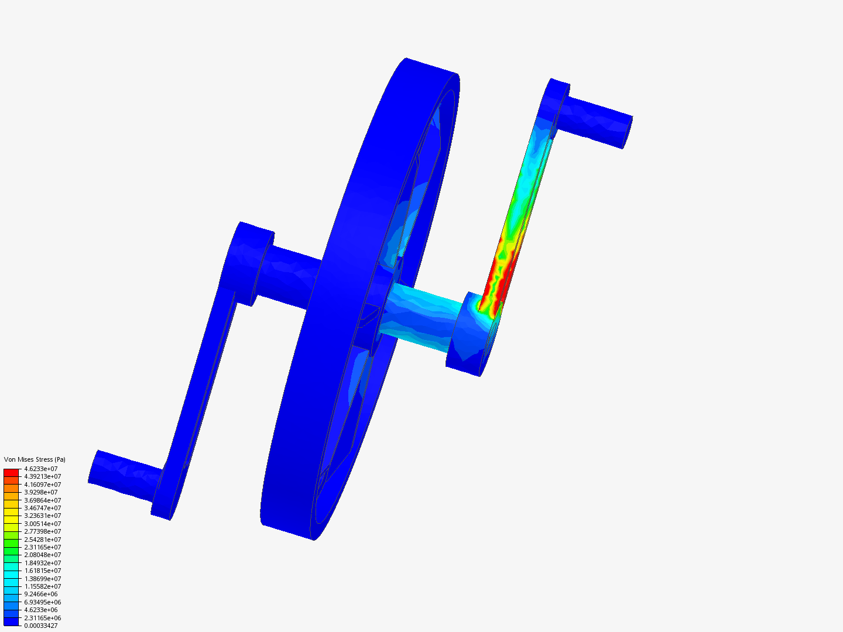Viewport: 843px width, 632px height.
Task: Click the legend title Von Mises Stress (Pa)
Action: [x=35, y=459]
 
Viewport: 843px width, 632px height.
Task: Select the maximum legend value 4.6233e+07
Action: [x=41, y=469]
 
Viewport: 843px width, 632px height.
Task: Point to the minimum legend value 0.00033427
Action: [x=41, y=626]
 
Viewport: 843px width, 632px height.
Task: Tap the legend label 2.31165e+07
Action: [x=43, y=547]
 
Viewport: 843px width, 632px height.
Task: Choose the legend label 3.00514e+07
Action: [x=43, y=524]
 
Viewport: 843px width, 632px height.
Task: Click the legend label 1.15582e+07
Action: [x=43, y=586]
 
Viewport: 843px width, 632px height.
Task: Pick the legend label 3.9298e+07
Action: [x=41, y=492]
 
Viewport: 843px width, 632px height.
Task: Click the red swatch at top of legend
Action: [x=11, y=472]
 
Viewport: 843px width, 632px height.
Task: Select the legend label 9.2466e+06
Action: [x=41, y=594]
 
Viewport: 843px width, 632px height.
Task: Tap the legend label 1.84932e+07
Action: [x=43, y=563]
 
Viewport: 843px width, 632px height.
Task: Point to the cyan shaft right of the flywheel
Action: [x=421, y=316]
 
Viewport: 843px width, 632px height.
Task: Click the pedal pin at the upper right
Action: [x=597, y=122]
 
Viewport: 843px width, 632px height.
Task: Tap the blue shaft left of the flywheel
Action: [x=290, y=277]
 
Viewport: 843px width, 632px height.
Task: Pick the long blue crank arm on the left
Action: [x=202, y=375]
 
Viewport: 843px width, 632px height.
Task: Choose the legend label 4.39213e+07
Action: [x=43, y=476]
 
